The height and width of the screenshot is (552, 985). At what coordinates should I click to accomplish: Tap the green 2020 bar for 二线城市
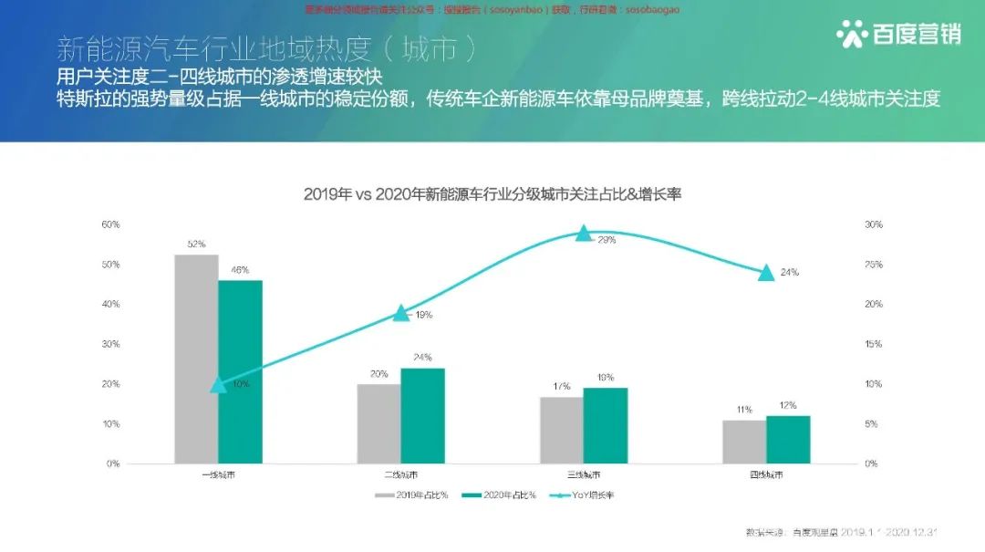[422, 415]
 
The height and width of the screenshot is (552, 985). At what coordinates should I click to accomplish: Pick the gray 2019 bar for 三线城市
[562, 430]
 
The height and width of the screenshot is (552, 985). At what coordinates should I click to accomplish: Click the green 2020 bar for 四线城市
[788, 440]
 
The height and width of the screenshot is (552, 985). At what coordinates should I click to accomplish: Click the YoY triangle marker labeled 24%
[766, 272]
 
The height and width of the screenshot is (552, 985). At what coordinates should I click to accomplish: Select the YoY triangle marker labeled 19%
[401, 312]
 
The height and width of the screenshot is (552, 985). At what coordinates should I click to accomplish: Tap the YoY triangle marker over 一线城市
[218, 384]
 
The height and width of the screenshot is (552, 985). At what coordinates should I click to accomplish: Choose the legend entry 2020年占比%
[498, 495]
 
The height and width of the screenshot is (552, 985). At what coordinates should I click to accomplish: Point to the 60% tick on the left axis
[110, 224]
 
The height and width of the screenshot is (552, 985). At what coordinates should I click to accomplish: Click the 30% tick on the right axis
[873, 224]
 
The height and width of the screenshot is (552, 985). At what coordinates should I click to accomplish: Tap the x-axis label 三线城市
[584, 475]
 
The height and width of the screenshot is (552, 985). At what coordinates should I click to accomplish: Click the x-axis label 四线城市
[766, 475]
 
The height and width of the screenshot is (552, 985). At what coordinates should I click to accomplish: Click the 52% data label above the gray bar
[196, 245]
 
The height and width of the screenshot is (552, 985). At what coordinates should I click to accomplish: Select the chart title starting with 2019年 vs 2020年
[493, 194]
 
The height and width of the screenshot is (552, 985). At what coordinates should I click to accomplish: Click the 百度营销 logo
[897, 35]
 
